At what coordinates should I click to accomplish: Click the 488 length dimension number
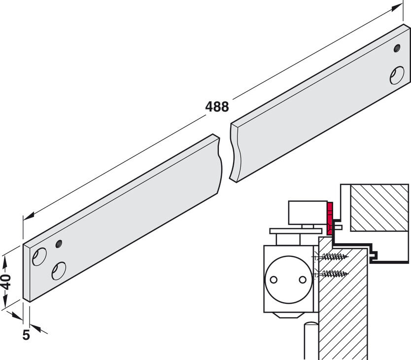(217, 107)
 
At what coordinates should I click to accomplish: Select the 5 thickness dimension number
(26, 335)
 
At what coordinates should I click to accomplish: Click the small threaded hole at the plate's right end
(397, 48)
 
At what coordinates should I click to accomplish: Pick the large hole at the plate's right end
(397, 75)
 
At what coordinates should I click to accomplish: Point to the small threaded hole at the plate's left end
(59, 244)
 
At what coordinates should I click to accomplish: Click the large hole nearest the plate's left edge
(39, 256)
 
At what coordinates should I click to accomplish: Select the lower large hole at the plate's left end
(59, 271)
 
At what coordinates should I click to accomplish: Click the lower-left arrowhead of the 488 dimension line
(29, 216)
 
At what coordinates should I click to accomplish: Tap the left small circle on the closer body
(274, 280)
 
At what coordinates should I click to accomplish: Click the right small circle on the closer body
(303, 280)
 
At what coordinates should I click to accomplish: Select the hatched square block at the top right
(379, 208)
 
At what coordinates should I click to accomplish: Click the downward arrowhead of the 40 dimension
(5, 300)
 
